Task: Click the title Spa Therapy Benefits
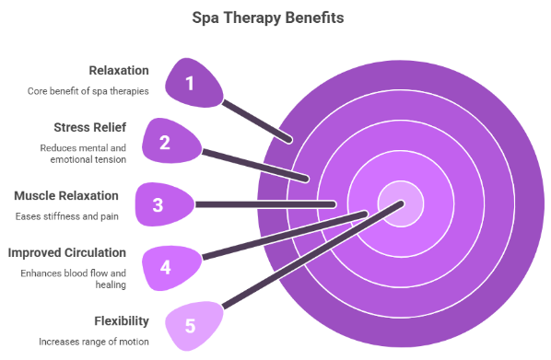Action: [x=275, y=17]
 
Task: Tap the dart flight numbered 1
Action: [x=192, y=84]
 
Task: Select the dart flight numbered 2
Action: [x=167, y=142]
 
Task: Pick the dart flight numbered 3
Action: [x=160, y=203]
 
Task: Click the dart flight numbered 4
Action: [x=169, y=267]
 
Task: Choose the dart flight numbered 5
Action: [x=191, y=325]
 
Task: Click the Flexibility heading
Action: [x=123, y=319]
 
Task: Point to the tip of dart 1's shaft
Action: [x=290, y=140]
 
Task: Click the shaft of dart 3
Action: [x=267, y=203]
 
